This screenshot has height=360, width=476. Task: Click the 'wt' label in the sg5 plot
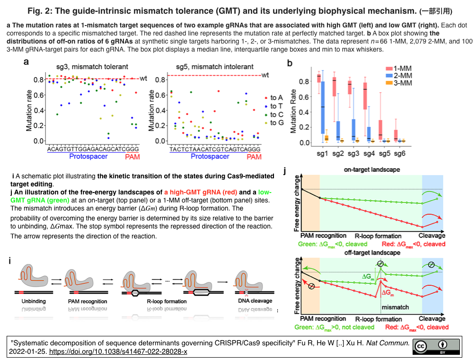click(x=265, y=75)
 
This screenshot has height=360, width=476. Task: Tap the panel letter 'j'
click(x=284, y=170)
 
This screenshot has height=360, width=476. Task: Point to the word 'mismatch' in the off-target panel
click(x=395, y=307)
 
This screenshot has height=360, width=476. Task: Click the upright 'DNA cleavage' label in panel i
click(x=255, y=301)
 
